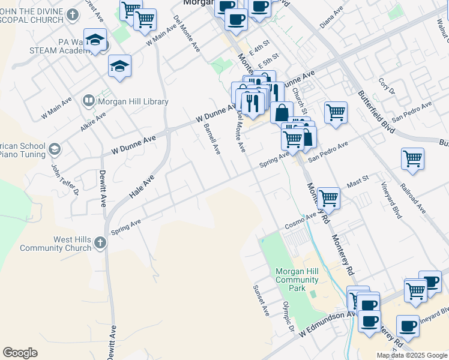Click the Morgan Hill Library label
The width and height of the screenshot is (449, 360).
point(133,101)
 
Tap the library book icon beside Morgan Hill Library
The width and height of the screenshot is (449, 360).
point(88,100)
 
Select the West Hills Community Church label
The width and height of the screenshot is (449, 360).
point(56,244)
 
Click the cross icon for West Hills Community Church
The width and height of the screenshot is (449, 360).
point(100,243)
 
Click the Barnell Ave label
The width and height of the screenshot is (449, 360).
point(212,139)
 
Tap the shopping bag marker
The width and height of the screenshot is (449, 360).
point(282,113)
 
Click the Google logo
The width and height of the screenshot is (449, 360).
point(20,352)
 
